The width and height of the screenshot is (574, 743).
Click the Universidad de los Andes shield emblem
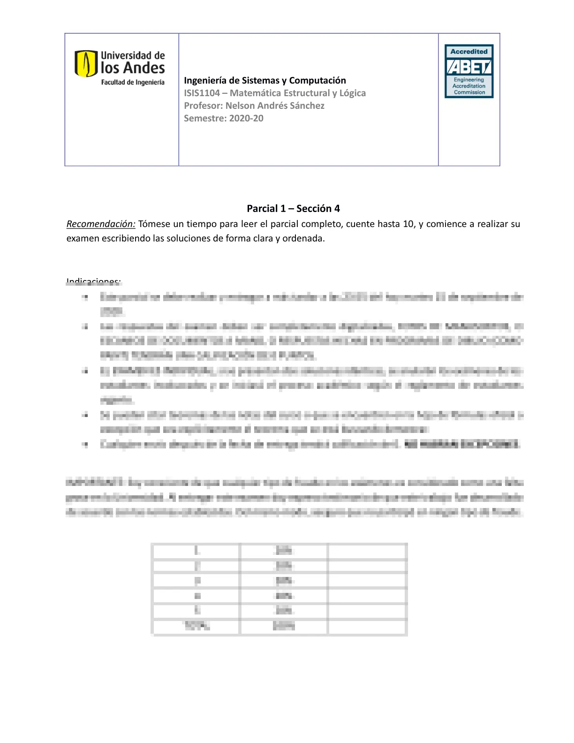[86, 64]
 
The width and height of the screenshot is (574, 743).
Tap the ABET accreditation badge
[469, 71]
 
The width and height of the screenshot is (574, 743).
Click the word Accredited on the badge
[469, 52]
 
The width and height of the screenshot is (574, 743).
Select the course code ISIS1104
[202, 93]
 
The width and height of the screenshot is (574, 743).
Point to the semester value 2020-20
[246, 118]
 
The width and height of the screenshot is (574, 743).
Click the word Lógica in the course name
[352, 93]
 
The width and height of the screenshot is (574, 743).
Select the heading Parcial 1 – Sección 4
[293, 208]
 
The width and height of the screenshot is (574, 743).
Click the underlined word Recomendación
[101, 224]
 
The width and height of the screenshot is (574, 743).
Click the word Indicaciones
[94, 281]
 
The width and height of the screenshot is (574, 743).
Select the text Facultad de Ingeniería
[133, 83]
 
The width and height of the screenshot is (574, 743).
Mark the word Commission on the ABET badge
[469, 92]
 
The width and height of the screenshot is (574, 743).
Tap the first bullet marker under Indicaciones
[85, 297]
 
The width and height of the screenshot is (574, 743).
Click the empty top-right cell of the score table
[367, 551]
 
